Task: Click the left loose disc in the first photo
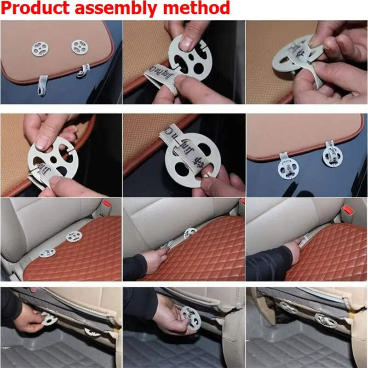coord(40,46)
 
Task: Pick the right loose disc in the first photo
coord(79,46)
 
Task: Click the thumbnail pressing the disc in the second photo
coord(187,41)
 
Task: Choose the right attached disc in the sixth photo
coord(331,154)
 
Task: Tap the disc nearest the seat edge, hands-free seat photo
coord(47,253)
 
